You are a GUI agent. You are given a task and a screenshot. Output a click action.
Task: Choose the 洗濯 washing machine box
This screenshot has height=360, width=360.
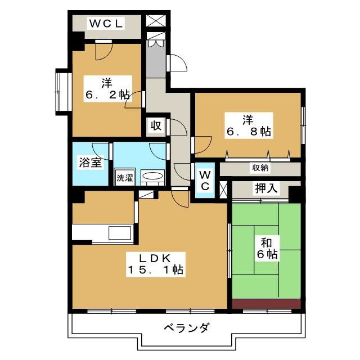click(x=124, y=177)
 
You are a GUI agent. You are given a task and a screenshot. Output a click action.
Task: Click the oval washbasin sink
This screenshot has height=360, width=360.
click(x=152, y=177)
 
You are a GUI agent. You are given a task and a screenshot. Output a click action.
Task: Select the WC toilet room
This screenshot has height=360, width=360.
click(x=205, y=181)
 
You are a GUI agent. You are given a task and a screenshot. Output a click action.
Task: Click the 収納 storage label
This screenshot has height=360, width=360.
click(x=259, y=168)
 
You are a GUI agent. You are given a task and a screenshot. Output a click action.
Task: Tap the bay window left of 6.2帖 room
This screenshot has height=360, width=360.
click(x=61, y=89)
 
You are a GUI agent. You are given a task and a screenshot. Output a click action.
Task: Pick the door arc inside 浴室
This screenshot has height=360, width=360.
click(x=100, y=150)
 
